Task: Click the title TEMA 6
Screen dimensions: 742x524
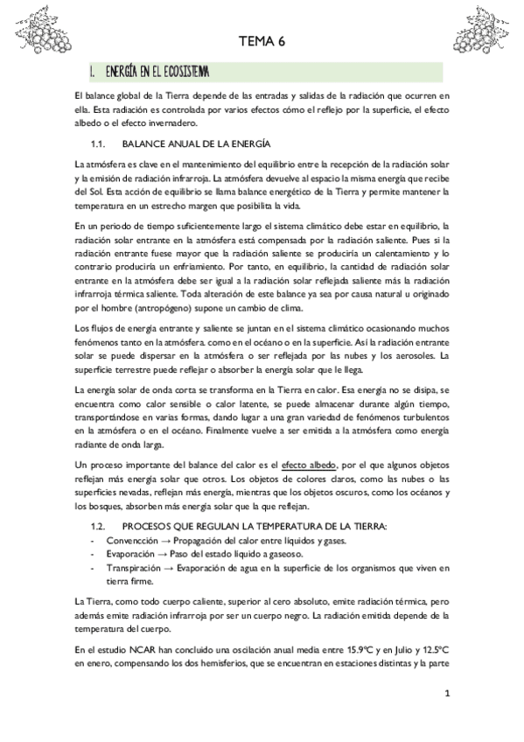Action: [x=262, y=41]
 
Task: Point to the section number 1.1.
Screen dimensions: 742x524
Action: [x=98, y=142]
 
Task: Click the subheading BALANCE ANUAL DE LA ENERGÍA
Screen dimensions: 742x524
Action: [x=196, y=142]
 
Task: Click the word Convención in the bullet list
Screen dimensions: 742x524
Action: [x=131, y=517]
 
